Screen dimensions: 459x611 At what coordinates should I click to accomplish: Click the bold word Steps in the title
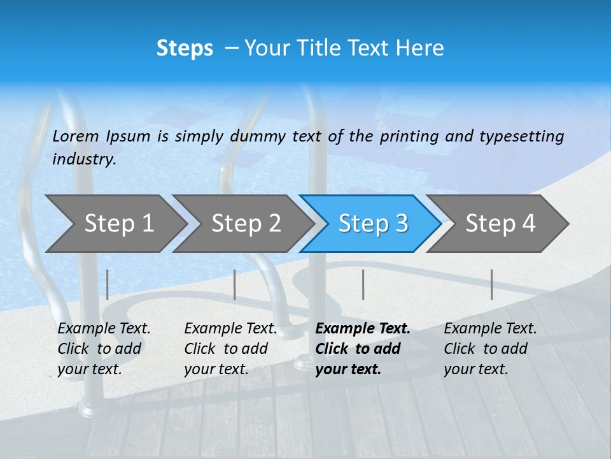tap(185, 48)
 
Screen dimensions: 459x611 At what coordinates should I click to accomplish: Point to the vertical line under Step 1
tap(108, 284)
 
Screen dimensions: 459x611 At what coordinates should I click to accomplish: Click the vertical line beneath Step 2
tap(235, 284)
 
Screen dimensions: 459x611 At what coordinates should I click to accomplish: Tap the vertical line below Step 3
tap(363, 284)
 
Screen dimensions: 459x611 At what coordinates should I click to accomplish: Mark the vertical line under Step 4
tap(492, 284)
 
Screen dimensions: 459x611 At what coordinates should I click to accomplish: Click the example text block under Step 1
tap(104, 349)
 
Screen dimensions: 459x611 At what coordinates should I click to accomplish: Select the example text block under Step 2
tap(230, 349)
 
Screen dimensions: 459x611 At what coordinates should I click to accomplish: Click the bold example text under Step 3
tap(363, 349)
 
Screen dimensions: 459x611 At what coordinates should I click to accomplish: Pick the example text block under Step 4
tap(490, 349)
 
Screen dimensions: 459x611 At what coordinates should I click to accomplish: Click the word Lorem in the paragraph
tap(75, 136)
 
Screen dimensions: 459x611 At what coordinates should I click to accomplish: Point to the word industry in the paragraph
tap(83, 159)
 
